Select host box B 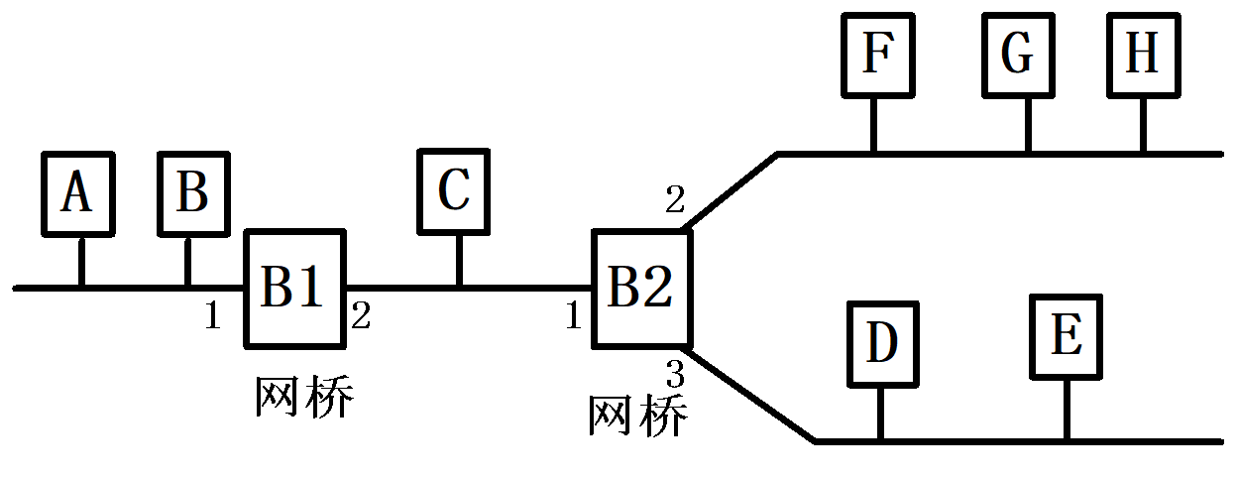[194, 193]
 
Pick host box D [882, 343]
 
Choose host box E [1067, 337]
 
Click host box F [875, 55]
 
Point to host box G [1018, 55]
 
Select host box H [1144, 55]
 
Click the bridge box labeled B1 [294, 289]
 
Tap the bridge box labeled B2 [640, 289]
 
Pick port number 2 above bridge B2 [674, 200]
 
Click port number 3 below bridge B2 [674, 374]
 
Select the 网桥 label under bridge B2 [637, 417]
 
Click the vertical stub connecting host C [458, 263]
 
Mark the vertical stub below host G [1027, 125]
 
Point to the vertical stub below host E [1067, 410]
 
